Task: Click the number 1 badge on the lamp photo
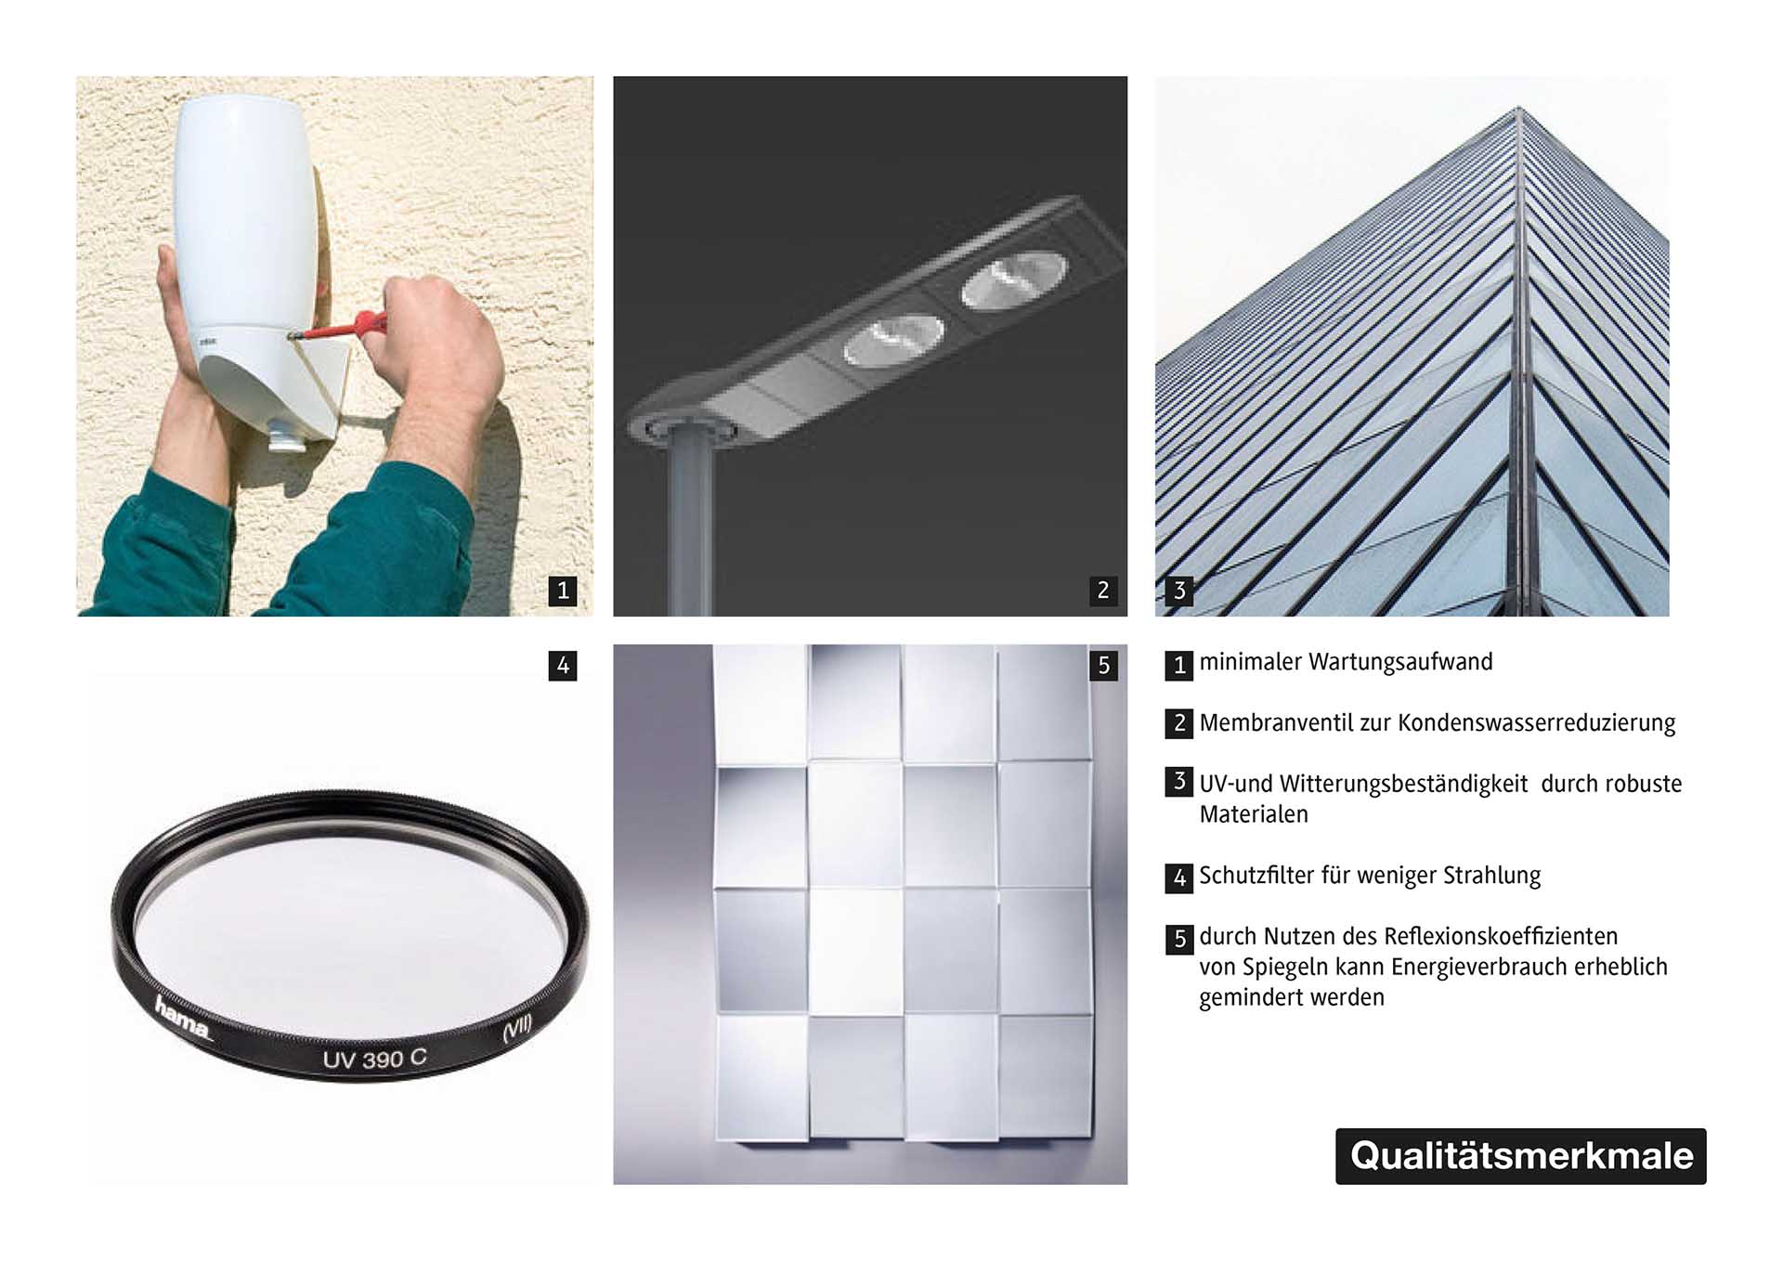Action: pos(563,591)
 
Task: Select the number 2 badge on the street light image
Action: pos(1102,591)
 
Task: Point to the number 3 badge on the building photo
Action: pos(1179,591)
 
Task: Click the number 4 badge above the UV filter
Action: pos(563,666)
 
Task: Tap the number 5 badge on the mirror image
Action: pos(1103,666)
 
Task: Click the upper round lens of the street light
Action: pos(1014,279)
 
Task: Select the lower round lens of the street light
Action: pos(893,341)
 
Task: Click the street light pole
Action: pos(691,525)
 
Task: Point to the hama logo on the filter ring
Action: pos(183,1019)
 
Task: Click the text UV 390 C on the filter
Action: pos(375,1059)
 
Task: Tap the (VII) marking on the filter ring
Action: pos(517,1029)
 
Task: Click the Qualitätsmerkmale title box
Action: pos(1521,1156)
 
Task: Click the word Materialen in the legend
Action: pos(1254,814)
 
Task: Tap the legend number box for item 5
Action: pos(1179,939)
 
